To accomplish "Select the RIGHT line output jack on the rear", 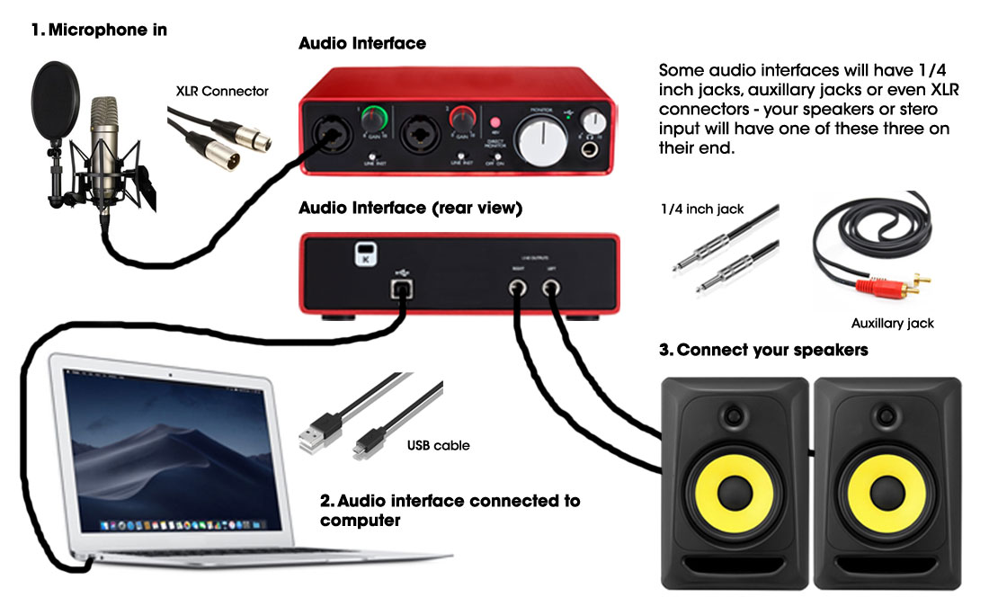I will (x=517, y=288).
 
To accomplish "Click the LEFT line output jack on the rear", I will (x=551, y=288).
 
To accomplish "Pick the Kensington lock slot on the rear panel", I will (x=363, y=254).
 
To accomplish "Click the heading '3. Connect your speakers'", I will (x=763, y=350).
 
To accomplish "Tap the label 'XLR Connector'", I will (x=222, y=91).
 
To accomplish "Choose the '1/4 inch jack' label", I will (x=702, y=209).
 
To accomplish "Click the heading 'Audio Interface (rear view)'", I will (x=410, y=208).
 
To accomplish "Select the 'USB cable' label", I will (x=438, y=445).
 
